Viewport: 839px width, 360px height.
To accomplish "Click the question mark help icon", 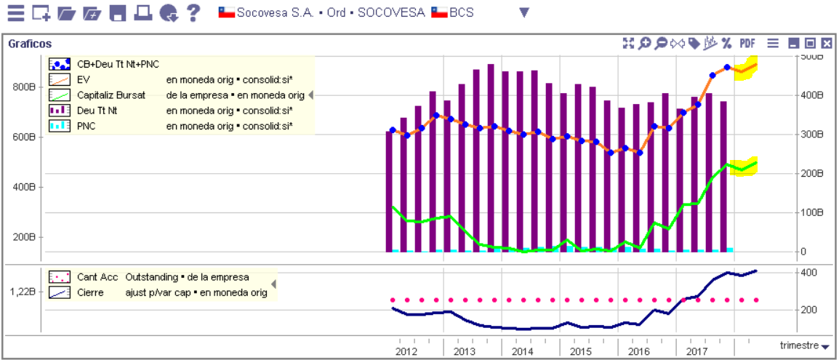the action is [193, 12].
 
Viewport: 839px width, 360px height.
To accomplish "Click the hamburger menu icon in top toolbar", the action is [16, 12].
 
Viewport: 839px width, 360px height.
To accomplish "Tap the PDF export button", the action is [747, 44].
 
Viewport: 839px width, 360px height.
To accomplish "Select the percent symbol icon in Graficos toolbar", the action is [726, 44].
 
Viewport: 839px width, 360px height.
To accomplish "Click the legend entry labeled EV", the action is [82, 80].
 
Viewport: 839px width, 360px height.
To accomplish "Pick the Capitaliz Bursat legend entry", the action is [111, 95].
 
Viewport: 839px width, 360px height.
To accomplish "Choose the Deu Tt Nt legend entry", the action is [97, 111].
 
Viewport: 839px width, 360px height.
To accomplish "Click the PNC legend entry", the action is [87, 127].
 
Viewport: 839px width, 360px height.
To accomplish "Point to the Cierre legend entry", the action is [90, 292].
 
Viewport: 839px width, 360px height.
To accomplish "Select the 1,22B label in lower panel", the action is [23, 292].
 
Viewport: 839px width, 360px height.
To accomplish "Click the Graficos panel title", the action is [30, 44].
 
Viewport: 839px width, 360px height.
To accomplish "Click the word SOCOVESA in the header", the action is [392, 12].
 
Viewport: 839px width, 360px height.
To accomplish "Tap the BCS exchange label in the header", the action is [461, 12].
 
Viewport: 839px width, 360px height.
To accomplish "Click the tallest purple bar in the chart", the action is [491, 158].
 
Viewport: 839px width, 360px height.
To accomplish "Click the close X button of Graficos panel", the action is [827, 44].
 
